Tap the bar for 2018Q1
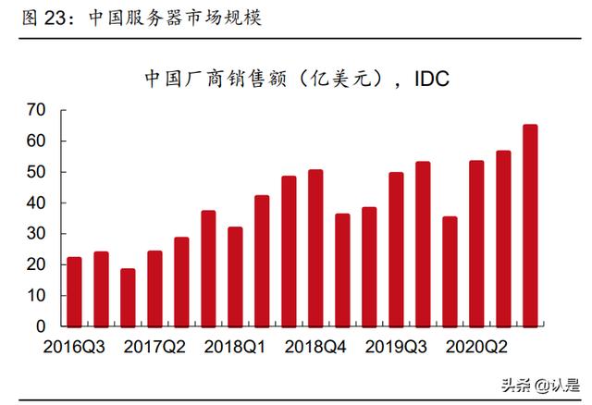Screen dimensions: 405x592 pyautogui.click(x=235, y=276)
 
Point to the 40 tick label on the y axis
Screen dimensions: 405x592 pyautogui.click(x=36, y=203)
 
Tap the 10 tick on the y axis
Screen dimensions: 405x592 pyautogui.click(x=36, y=296)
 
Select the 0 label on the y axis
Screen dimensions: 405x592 pyautogui.click(x=41, y=326)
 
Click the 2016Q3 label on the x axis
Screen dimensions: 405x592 pyautogui.click(x=73, y=348)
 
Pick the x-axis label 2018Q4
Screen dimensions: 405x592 pyautogui.click(x=315, y=348)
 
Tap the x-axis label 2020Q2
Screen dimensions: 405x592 pyautogui.click(x=476, y=348)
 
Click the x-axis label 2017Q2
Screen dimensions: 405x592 pyautogui.click(x=154, y=348)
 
